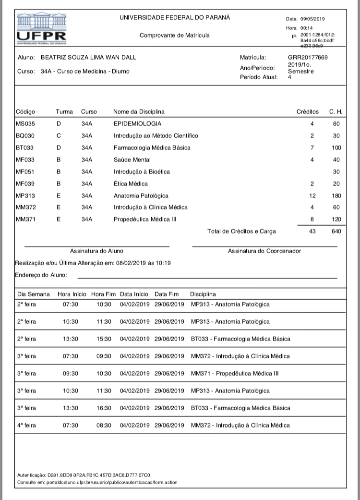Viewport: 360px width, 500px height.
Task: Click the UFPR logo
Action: pos(41,29)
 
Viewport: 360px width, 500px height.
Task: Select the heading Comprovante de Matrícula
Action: pos(174,36)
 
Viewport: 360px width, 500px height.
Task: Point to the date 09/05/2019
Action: pos(313,19)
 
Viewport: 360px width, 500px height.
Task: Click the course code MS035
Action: pos(25,124)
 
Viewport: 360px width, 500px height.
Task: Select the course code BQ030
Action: pos(25,136)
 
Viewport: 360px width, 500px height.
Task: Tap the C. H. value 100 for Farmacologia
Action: pos(336,147)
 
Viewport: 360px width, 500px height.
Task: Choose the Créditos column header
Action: pos(307,112)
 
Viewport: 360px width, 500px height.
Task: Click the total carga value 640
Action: pos(336,232)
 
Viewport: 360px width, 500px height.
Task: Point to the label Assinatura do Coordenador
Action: pos(264,251)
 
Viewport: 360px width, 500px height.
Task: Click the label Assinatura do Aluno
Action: pos(96,251)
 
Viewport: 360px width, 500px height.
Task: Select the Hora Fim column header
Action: pos(103,294)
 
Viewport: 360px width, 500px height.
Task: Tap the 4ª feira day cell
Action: pos(26,426)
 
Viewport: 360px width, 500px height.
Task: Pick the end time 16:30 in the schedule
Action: pos(104,408)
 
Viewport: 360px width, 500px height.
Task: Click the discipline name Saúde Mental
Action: pos(132,159)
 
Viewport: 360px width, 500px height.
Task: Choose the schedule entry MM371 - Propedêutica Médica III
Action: pos(234,373)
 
